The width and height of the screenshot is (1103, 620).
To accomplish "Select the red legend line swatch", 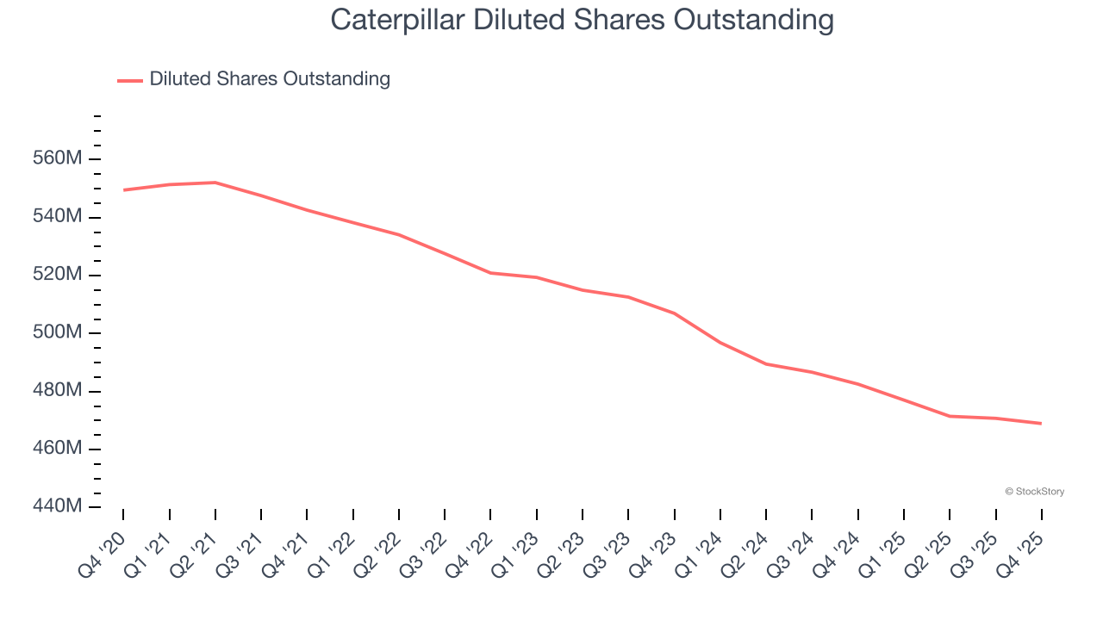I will [130, 80].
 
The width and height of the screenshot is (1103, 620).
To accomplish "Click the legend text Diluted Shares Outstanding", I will [270, 79].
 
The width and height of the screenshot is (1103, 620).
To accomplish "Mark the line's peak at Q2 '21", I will [215, 183].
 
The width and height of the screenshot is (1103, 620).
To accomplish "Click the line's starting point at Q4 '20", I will [124, 189].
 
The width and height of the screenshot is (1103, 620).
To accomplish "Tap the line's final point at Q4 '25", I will [1041, 423].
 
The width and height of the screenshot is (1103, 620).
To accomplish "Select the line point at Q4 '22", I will [491, 273].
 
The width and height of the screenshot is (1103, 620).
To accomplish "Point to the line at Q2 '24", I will [766, 363].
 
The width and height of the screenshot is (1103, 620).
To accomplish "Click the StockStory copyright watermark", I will [1034, 492].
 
